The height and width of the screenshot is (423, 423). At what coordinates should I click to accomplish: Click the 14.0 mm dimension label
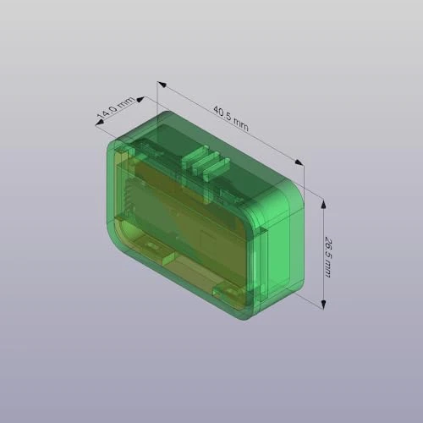coord(114,108)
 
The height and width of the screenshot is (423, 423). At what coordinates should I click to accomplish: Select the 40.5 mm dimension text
coord(230,118)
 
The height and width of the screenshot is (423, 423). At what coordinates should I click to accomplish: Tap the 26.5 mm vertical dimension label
coord(327,253)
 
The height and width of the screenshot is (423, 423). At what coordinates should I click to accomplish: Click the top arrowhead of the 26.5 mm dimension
coord(322,200)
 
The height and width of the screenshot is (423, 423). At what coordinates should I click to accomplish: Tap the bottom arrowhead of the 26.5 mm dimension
coord(322,306)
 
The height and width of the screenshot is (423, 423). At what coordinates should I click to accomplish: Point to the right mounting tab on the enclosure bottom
coord(228,291)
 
